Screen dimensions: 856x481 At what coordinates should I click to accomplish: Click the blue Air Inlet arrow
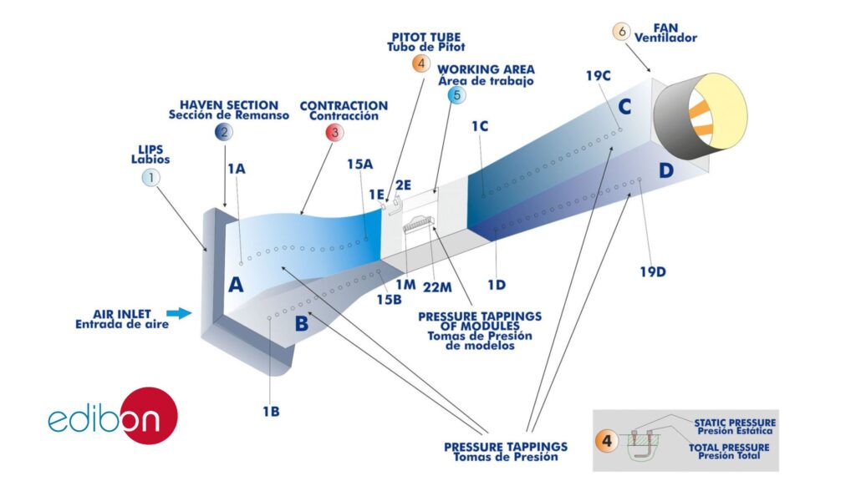179,313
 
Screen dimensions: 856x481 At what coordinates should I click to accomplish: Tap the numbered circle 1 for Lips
150,177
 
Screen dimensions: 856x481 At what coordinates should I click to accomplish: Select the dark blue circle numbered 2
224,132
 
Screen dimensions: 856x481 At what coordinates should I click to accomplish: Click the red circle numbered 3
334,132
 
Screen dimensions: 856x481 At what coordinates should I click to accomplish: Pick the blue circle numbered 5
457,95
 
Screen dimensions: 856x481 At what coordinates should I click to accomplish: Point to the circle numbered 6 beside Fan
621,32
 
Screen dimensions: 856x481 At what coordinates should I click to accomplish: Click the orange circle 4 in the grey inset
607,440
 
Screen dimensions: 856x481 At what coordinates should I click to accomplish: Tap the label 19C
599,76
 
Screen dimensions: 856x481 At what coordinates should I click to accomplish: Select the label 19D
653,271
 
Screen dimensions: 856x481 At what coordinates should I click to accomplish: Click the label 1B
271,411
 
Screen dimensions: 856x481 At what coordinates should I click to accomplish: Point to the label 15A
360,165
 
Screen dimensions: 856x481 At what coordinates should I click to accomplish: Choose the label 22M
437,287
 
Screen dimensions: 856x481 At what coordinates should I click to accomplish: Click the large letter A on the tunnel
236,284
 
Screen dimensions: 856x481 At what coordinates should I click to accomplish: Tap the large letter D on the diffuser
666,170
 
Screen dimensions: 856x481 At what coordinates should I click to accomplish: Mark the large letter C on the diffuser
624,107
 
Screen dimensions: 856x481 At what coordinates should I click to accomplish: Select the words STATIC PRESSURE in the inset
735,423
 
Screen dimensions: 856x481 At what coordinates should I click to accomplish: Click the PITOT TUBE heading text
426,38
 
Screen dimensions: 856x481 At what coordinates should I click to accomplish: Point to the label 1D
497,285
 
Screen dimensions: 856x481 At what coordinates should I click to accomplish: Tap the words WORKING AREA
486,70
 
